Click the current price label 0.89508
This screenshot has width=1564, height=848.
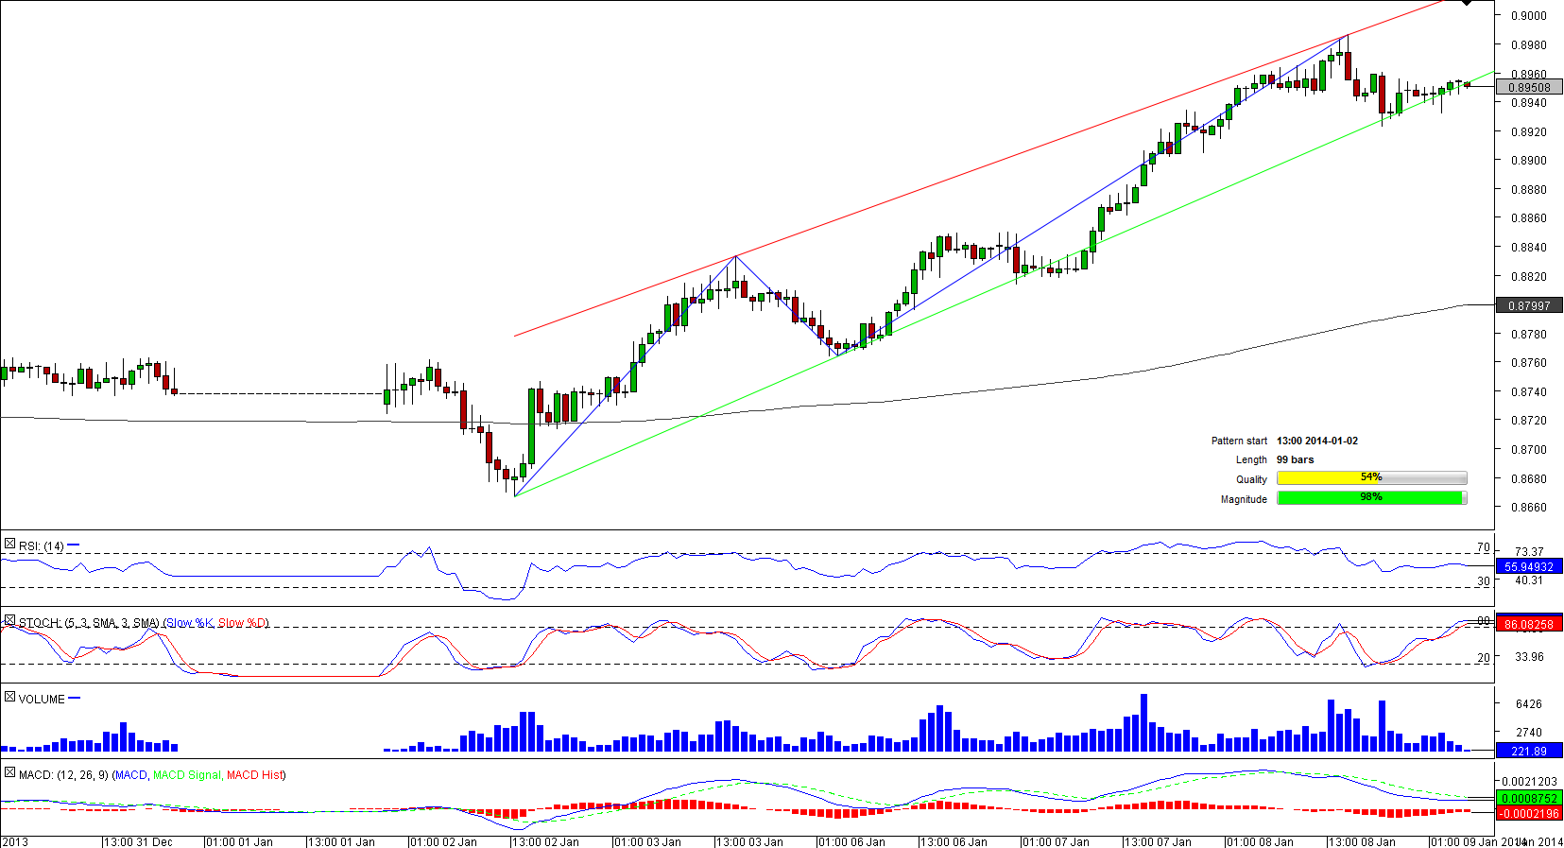[1529, 87]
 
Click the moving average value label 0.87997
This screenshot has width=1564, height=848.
[1529, 305]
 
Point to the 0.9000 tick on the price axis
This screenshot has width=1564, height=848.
[1528, 16]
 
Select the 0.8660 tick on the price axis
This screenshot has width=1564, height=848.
[1528, 508]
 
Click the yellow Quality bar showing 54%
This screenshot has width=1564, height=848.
[1370, 477]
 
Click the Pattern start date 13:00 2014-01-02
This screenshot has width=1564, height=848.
[1316, 441]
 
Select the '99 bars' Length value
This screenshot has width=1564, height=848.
[1295, 459]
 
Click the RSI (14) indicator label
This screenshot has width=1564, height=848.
[42, 546]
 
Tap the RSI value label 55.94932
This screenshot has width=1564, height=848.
[1529, 567]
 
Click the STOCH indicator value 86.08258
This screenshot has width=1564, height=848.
[1529, 624]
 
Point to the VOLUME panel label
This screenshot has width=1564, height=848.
[42, 700]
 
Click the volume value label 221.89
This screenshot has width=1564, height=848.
[1529, 752]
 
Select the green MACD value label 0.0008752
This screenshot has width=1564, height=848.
[1529, 799]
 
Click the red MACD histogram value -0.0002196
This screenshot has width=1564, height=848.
[1529, 813]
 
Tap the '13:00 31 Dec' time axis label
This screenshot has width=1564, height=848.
[138, 841]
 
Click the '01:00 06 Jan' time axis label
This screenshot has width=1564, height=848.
[851, 841]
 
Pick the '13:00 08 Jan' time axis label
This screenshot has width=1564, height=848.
[1362, 841]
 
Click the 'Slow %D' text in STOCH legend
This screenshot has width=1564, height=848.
[243, 623]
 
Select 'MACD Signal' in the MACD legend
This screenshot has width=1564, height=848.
[187, 775]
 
